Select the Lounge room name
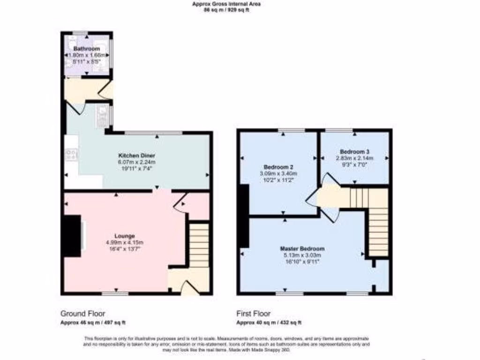click(125, 236)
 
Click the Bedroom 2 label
click(278, 167)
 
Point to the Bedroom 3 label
click(354, 152)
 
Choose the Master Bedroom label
click(302, 248)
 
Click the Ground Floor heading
click(82, 314)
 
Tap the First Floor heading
click(254, 314)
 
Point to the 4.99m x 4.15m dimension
click(125, 242)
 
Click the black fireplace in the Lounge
click(72, 236)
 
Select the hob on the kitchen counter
click(72, 155)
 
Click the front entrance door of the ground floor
click(189, 289)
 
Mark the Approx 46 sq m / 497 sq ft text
click(93, 322)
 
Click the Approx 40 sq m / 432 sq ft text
click(269, 322)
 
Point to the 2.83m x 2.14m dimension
click(354, 158)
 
